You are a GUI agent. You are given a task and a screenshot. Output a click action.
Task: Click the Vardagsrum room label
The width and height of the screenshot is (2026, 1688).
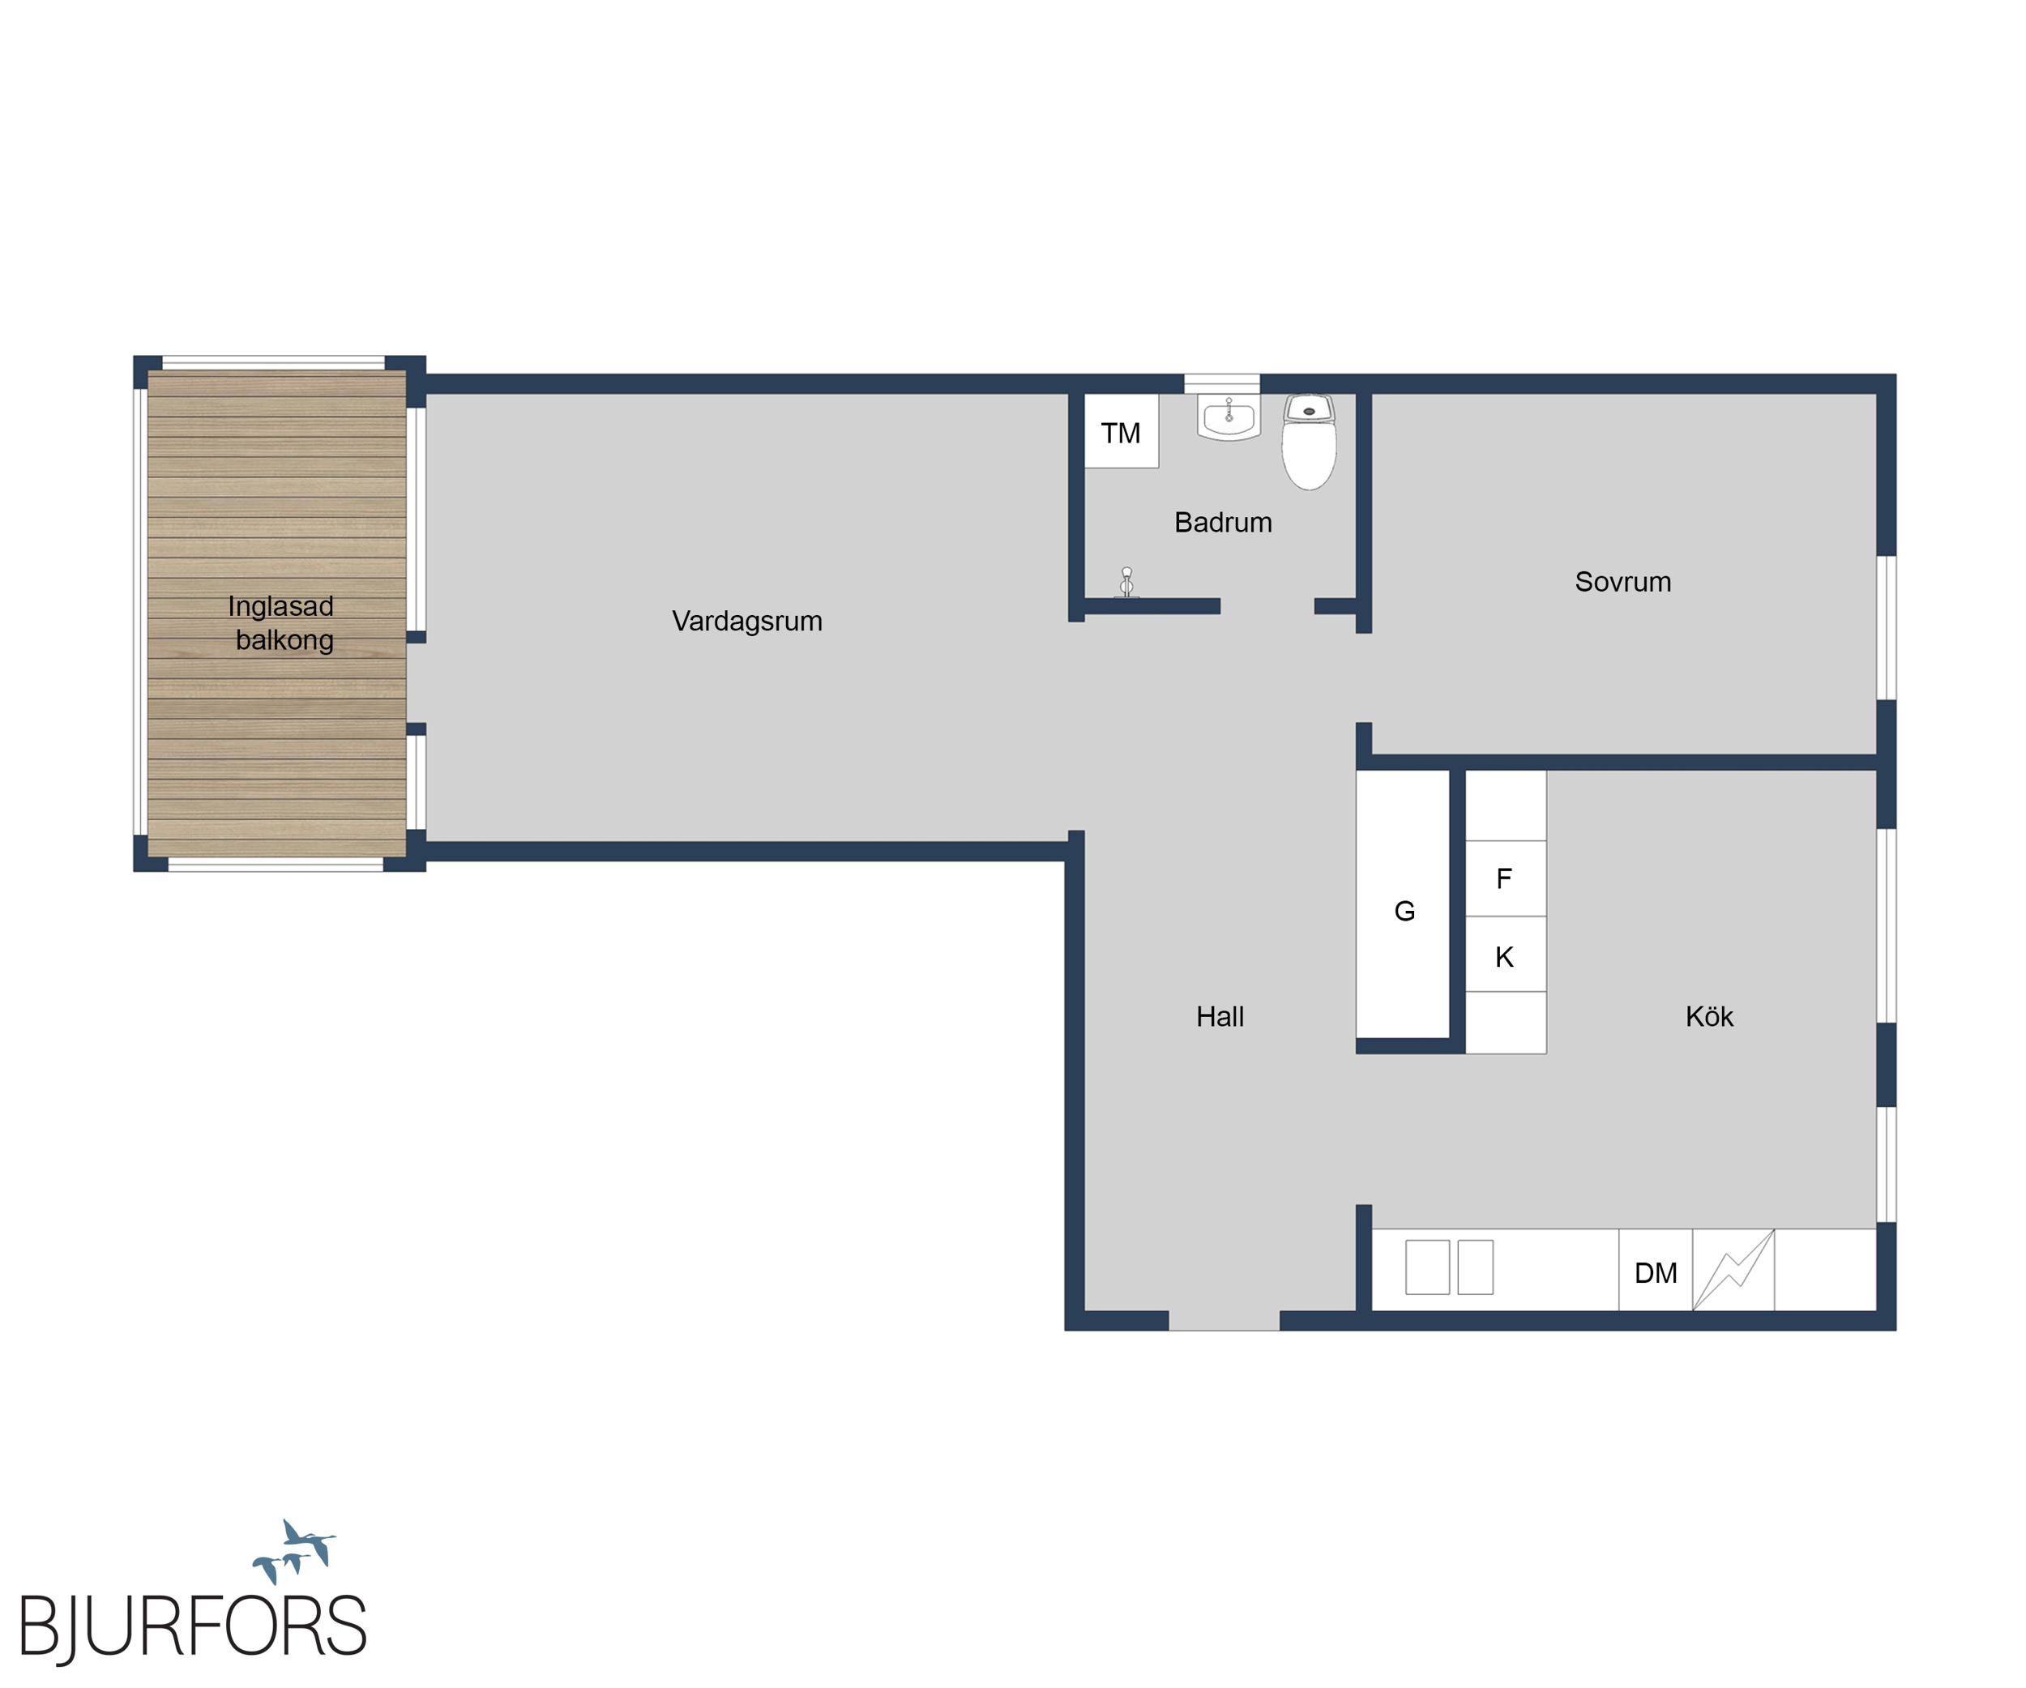[x=746, y=622]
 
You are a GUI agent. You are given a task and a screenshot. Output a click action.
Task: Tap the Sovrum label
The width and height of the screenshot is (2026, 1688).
[x=1622, y=582]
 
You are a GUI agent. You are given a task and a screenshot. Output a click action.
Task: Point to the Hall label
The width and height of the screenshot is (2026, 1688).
[x=1220, y=1017]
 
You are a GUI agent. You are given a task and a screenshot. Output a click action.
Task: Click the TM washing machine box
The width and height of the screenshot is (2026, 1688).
[x=1121, y=431]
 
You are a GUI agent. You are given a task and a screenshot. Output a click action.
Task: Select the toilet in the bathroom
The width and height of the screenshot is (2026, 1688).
[x=1309, y=442]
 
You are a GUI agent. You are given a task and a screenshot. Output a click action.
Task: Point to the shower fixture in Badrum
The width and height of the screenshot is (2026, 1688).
[x=1126, y=583]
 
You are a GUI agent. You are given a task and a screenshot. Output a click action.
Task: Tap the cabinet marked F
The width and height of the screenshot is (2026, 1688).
[x=1506, y=878]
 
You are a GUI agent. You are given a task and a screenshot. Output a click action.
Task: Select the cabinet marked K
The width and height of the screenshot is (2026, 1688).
[x=1506, y=954]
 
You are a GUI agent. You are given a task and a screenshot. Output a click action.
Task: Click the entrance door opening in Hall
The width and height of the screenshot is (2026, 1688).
[x=1225, y=1321]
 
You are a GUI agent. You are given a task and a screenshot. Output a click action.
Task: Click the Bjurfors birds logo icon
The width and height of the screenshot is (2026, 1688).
[x=294, y=1551]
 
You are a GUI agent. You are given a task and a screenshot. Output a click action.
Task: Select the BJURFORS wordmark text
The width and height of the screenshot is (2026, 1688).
[x=193, y=1628]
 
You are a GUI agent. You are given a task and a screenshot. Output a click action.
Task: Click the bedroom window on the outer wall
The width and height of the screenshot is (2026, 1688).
[x=1886, y=628]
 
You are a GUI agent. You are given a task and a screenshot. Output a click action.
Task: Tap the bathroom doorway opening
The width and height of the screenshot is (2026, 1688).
[x=1267, y=607]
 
